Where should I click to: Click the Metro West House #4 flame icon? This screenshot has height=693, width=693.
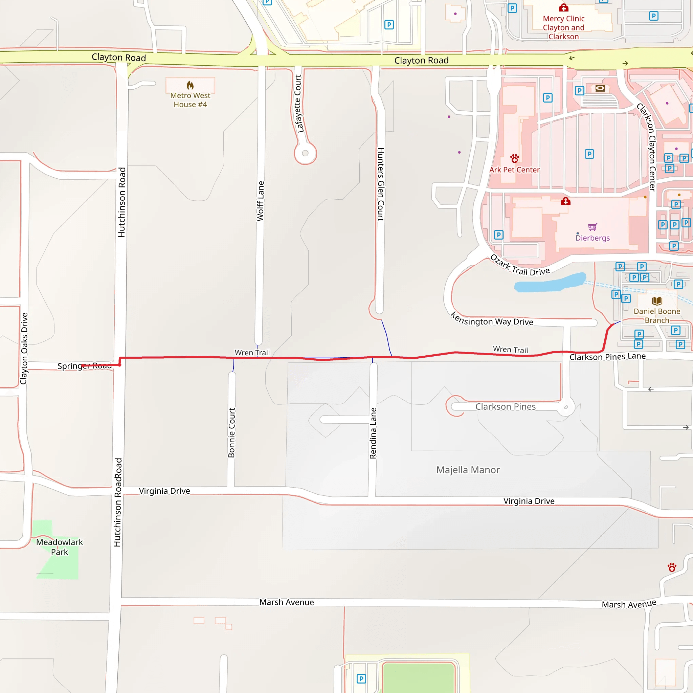tap(190, 85)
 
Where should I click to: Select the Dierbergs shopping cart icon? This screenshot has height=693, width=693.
tap(593, 227)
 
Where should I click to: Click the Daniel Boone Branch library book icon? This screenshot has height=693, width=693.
tap(657, 300)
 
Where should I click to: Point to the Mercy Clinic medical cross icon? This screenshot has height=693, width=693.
tap(563, 7)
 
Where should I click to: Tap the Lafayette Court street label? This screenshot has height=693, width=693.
tap(298, 103)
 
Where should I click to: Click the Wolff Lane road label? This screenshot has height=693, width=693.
tap(261, 201)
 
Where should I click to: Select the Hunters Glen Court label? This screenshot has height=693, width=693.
tap(381, 184)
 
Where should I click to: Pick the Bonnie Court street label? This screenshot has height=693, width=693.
tap(232, 432)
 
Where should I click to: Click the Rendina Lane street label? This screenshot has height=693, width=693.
tap(373, 433)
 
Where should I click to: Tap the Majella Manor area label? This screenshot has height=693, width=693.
tap(468, 470)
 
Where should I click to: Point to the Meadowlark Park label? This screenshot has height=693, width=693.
tap(60, 547)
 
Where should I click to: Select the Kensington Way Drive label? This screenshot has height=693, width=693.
tap(492, 319)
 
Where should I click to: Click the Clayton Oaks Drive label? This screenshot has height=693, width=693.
tap(24, 348)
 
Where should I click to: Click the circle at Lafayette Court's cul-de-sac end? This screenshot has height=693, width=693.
tap(305, 153)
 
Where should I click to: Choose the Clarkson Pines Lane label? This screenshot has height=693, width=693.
tap(607, 357)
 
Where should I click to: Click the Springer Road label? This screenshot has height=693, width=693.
tap(85, 366)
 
